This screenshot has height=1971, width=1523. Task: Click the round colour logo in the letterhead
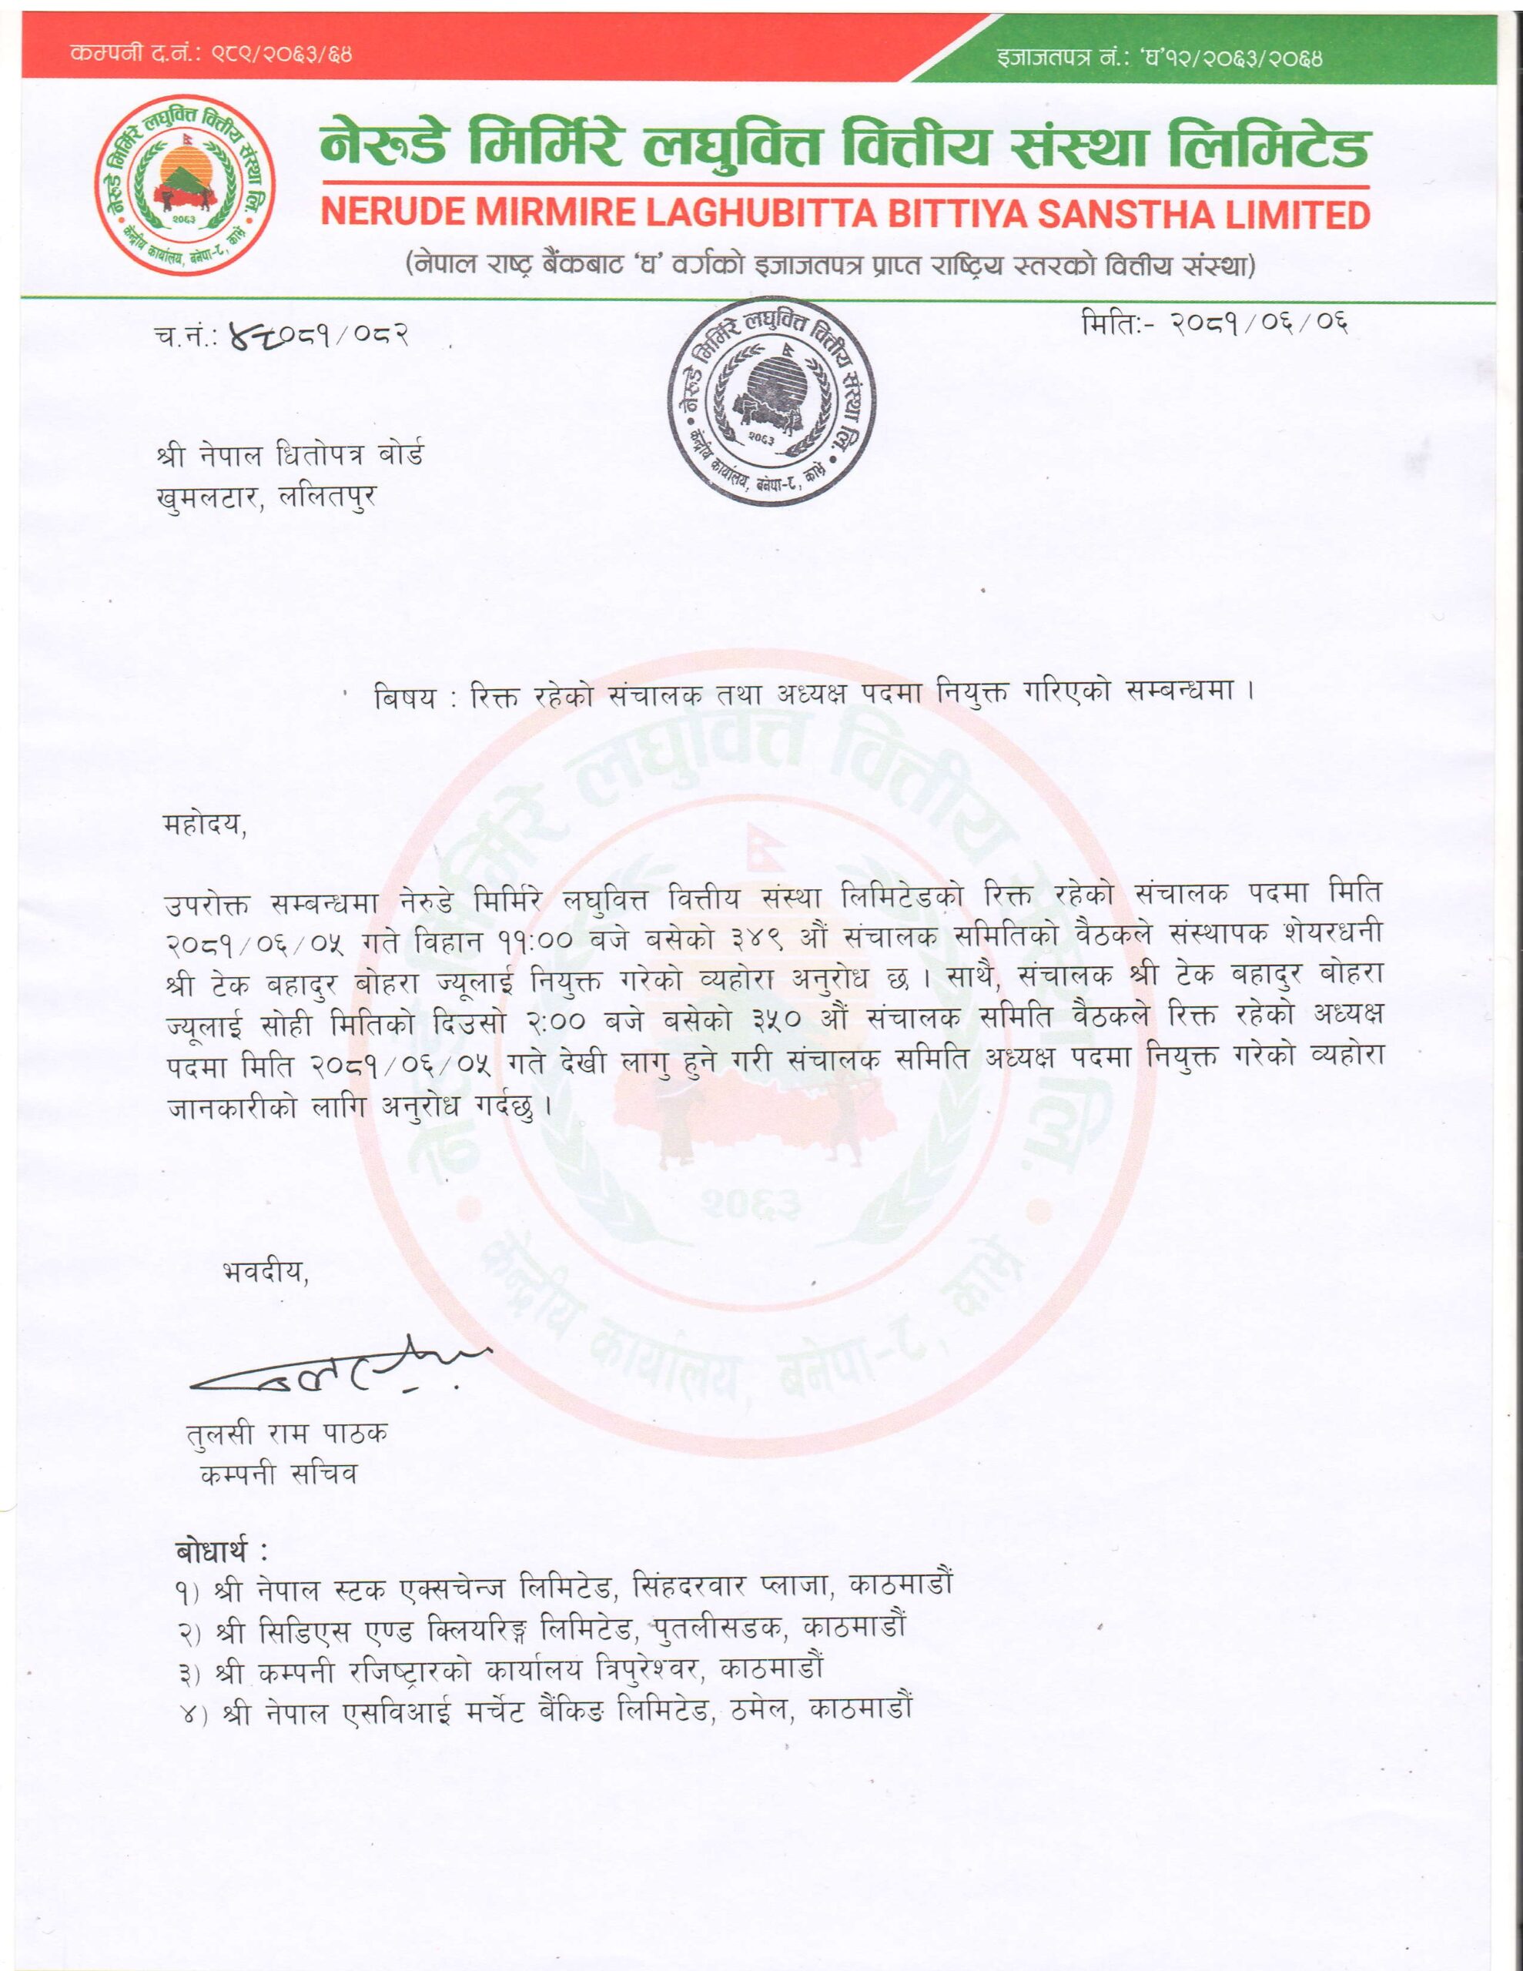tap(185, 184)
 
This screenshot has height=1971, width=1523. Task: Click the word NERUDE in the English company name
tap(393, 214)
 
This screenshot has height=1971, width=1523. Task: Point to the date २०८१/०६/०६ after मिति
tap(1260, 323)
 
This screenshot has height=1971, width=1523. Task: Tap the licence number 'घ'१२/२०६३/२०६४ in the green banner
tap(1237, 59)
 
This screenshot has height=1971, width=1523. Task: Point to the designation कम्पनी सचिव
tap(279, 1474)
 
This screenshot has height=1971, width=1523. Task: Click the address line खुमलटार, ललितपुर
tap(266, 497)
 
